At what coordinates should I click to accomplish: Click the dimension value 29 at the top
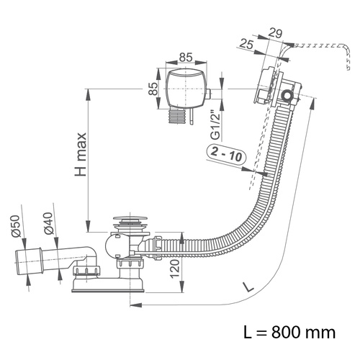tap(275, 33)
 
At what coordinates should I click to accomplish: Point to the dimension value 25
tap(247, 45)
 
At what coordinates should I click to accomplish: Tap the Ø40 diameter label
tap(48, 223)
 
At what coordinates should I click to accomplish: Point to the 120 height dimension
tap(175, 269)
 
